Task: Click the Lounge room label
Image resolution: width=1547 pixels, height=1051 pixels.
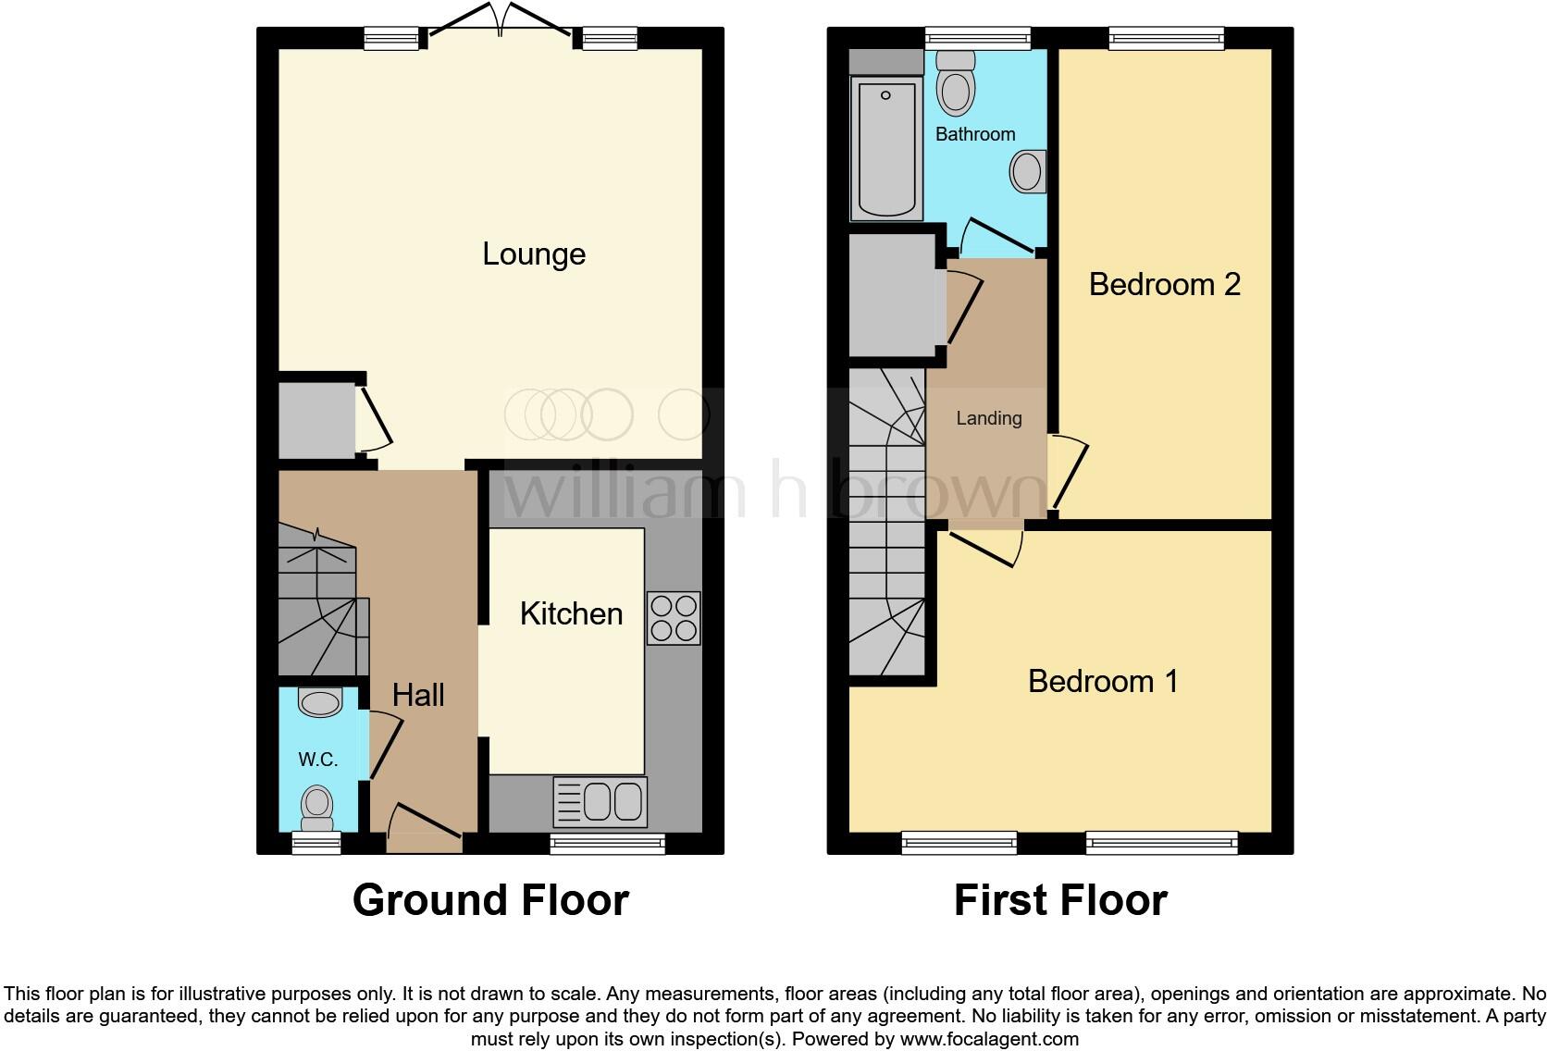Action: point(534,254)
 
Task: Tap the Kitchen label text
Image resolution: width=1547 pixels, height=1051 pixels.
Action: point(571,613)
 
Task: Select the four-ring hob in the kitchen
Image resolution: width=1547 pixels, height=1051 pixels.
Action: point(673,617)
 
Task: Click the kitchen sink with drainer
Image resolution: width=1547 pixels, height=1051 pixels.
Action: point(600,801)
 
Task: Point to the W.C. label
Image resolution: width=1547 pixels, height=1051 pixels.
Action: point(317,760)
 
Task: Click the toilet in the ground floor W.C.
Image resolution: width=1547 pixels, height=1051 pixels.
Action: point(317,808)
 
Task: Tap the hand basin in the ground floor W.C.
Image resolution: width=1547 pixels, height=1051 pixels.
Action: point(320,702)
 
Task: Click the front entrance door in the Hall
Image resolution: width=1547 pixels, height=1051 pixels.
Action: point(424,829)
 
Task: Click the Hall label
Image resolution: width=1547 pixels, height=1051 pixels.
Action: point(418,695)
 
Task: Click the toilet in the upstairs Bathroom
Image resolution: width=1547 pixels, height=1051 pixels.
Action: point(956,84)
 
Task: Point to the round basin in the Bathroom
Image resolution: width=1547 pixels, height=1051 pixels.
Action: point(1027,172)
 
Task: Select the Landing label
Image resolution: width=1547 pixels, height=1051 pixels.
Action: point(988,418)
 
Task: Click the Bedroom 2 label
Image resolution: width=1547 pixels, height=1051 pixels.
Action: point(1164,284)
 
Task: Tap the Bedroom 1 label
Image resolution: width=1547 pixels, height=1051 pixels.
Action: point(1103,682)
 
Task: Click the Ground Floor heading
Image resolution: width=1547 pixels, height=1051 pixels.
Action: point(490,900)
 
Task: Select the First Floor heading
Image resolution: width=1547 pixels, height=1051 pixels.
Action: point(1060,900)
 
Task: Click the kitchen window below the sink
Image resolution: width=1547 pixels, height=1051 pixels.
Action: point(607,843)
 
